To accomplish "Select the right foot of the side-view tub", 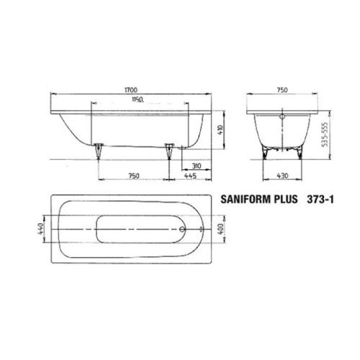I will (x=170, y=151).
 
